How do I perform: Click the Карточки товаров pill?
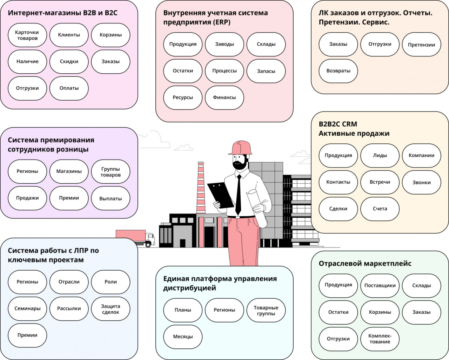[27, 35]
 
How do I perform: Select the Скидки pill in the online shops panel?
[69, 62]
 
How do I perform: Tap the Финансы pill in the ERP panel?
[224, 97]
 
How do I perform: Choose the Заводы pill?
[224, 44]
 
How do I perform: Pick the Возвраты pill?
[338, 71]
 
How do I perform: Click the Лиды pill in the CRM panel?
[380, 156]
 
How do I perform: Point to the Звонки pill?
[421, 182]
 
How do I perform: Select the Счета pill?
[380, 209]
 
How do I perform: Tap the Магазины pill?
[69, 171]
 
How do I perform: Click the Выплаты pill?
[110, 198]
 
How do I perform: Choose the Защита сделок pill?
[110, 309]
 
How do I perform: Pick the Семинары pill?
[27, 309]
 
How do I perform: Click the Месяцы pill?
[183, 337]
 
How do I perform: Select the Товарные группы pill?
[266, 311]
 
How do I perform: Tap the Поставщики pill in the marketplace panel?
[380, 286]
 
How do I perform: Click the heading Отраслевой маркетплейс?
[365, 264]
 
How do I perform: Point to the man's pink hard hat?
[241, 148]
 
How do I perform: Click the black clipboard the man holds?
[220, 195]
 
